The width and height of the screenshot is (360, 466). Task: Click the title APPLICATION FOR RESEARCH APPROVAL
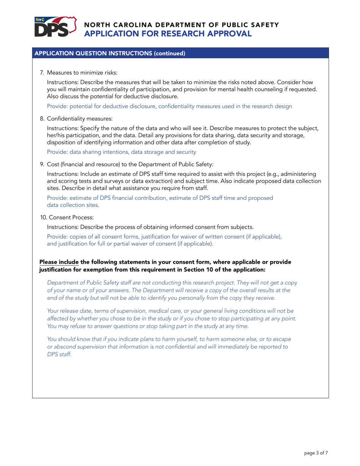tap(167, 34)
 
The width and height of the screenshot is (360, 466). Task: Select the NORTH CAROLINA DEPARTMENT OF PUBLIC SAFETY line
tap(182, 25)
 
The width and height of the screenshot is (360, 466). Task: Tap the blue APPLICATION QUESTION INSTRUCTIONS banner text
tap(110, 53)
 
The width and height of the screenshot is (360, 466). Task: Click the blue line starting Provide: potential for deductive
tap(169, 106)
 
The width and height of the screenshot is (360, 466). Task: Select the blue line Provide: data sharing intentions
tap(121, 152)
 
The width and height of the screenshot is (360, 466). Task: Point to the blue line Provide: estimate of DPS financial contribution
tap(160, 198)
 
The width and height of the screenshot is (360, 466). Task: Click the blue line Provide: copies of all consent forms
tap(164, 237)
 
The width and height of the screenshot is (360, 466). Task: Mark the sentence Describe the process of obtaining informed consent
tap(150, 227)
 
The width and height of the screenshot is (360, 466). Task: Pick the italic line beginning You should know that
tap(169, 340)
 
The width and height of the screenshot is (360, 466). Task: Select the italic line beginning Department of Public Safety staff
tap(172, 283)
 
